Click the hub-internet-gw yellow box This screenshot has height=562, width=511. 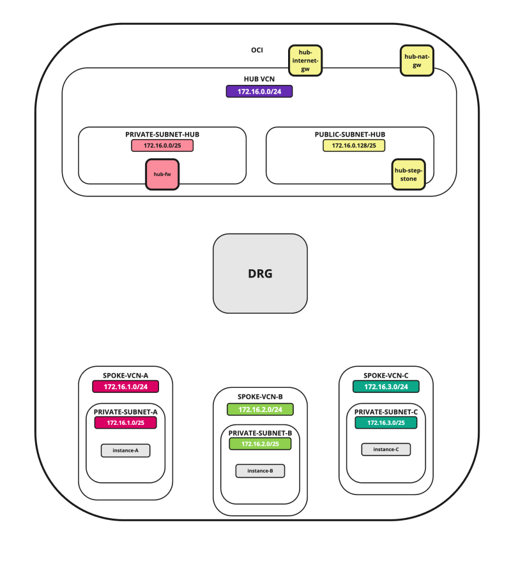tap(305, 60)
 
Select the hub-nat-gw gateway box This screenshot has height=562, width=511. tap(416, 61)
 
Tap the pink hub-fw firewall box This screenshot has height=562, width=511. tap(162, 174)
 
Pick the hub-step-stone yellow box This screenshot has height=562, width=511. tap(408, 174)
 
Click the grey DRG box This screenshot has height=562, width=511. tap(260, 274)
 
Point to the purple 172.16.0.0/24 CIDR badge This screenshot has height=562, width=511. tap(259, 92)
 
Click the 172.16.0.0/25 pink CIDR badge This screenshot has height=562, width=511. tap(162, 145)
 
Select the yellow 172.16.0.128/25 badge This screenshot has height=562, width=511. tap(349, 145)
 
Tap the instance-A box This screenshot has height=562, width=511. tap(125, 450)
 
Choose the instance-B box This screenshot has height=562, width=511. tap(260, 471)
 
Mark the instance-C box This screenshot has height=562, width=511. tap(386, 449)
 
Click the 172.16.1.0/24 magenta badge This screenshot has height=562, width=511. tap(125, 387)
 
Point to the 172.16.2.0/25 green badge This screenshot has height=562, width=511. tap(260, 443)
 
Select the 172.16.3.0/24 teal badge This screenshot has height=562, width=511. tap(386, 387)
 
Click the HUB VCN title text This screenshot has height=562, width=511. tap(259, 80)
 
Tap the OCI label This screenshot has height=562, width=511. tap(257, 50)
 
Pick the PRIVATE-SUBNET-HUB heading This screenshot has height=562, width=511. tap(162, 135)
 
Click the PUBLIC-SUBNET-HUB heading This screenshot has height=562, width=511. tap(349, 135)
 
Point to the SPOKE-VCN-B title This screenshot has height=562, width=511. tap(260, 396)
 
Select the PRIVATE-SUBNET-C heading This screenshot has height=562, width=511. tap(386, 411)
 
